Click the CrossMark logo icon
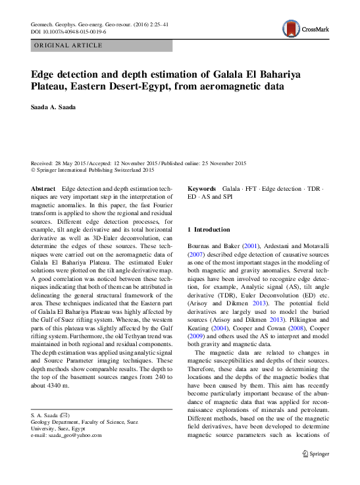[x=291, y=28]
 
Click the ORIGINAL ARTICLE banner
[x=68, y=45]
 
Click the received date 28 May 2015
[x=70, y=163]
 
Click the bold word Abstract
[x=43, y=188]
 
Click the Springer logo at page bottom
[x=315, y=453]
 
